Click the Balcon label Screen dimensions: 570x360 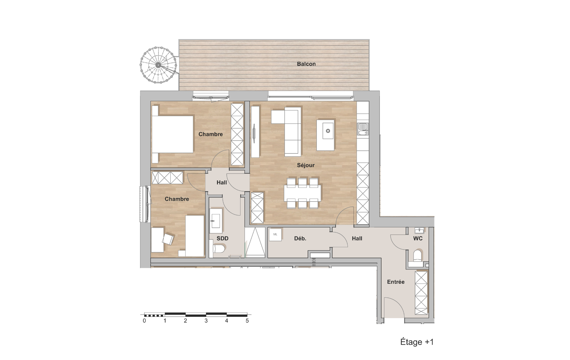[306, 64]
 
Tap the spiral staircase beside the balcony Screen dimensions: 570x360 [158, 65]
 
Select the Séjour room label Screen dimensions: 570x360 [306, 165]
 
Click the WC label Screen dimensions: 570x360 [418, 238]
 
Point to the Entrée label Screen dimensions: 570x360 [396, 282]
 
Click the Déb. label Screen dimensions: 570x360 [300, 238]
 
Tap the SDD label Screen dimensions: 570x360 [223, 238]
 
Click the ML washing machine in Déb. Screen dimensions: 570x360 [275, 235]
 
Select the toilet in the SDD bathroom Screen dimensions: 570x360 [219, 249]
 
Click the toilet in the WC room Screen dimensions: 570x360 [417, 256]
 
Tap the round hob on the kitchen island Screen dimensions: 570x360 [328, 131]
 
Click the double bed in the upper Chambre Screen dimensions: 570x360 [172, 134]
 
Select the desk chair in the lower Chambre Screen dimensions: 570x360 [168, 239]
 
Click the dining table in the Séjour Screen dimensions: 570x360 [302, 193]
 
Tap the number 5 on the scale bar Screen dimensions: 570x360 [247, 321]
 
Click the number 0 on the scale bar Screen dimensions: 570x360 [144, 321]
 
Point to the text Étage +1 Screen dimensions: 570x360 [417, 342]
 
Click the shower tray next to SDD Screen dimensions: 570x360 [255, 242]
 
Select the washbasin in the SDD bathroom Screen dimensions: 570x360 [216, 221]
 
